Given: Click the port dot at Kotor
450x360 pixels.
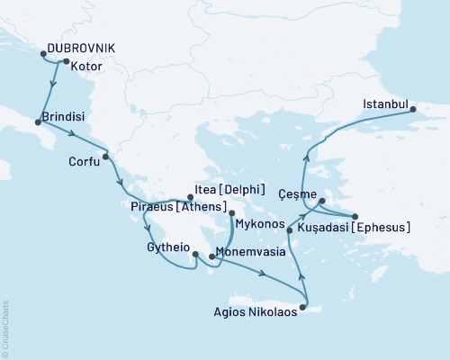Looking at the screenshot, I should coord(65,61).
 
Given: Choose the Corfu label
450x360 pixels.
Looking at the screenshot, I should coord(85,163).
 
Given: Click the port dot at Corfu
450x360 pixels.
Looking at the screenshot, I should coord(106,157).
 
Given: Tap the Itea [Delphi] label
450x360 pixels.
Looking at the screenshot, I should coord(229,190).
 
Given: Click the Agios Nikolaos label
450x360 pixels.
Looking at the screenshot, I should coord(251,315).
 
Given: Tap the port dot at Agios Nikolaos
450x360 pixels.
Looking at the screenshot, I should coord(302,309).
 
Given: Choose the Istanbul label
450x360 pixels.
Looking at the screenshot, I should coord(387,104).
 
